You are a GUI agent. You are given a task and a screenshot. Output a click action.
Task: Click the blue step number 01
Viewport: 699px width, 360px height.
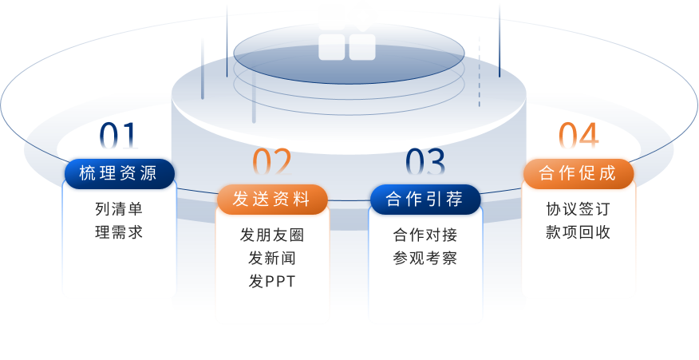pyautogui.click(x=119, y=137)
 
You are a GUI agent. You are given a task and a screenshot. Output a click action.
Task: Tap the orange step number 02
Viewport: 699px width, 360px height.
pyautogui.click(x=272, y=163)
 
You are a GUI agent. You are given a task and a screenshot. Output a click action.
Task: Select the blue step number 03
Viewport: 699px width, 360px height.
pyautogui.click(x=425, y=162)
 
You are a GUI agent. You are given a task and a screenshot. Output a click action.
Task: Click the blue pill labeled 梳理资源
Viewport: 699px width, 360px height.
pyautogui.click(x=119, y=173)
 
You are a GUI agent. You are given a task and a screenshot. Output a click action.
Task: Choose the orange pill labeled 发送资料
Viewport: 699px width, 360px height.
pyautogui.click(x=272, y=200)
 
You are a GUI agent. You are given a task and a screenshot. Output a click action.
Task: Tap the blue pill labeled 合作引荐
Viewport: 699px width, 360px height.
pyautogui.click(x=425, y=199)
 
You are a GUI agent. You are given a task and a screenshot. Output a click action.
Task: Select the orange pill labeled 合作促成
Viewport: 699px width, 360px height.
pyautogui.click(x=579, y=173)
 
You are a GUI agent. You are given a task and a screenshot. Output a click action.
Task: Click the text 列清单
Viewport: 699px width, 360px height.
pyautogui.click(x=119, y=210)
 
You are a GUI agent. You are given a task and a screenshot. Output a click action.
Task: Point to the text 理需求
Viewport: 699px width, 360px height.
pyautogui.click(x=119, y=232)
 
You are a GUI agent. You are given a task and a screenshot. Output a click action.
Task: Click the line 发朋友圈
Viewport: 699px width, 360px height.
pyautogui.click(x=272, y=235)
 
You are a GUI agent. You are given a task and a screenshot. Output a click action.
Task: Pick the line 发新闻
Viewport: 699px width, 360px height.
pyautogui.click(x=272, y=259)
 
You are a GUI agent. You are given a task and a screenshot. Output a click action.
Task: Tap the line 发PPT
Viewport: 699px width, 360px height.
pyautogui.click(x=272, y=282)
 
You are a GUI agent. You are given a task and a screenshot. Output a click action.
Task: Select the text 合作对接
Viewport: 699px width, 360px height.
pyautogui.click(x=425, y=235)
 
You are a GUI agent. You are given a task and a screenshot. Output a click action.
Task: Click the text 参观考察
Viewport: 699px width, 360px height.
pyautogui.click(x=425, y=259)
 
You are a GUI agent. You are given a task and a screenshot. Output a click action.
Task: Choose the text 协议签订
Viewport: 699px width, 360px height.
pyautogui.click(x=579, y=210)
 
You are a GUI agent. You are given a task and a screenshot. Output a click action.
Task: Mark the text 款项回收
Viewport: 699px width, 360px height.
pyautogui.click(x=579, y=232)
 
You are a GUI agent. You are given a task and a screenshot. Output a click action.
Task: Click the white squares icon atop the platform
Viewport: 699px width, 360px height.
pyautogui.click(x=347, y=40)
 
